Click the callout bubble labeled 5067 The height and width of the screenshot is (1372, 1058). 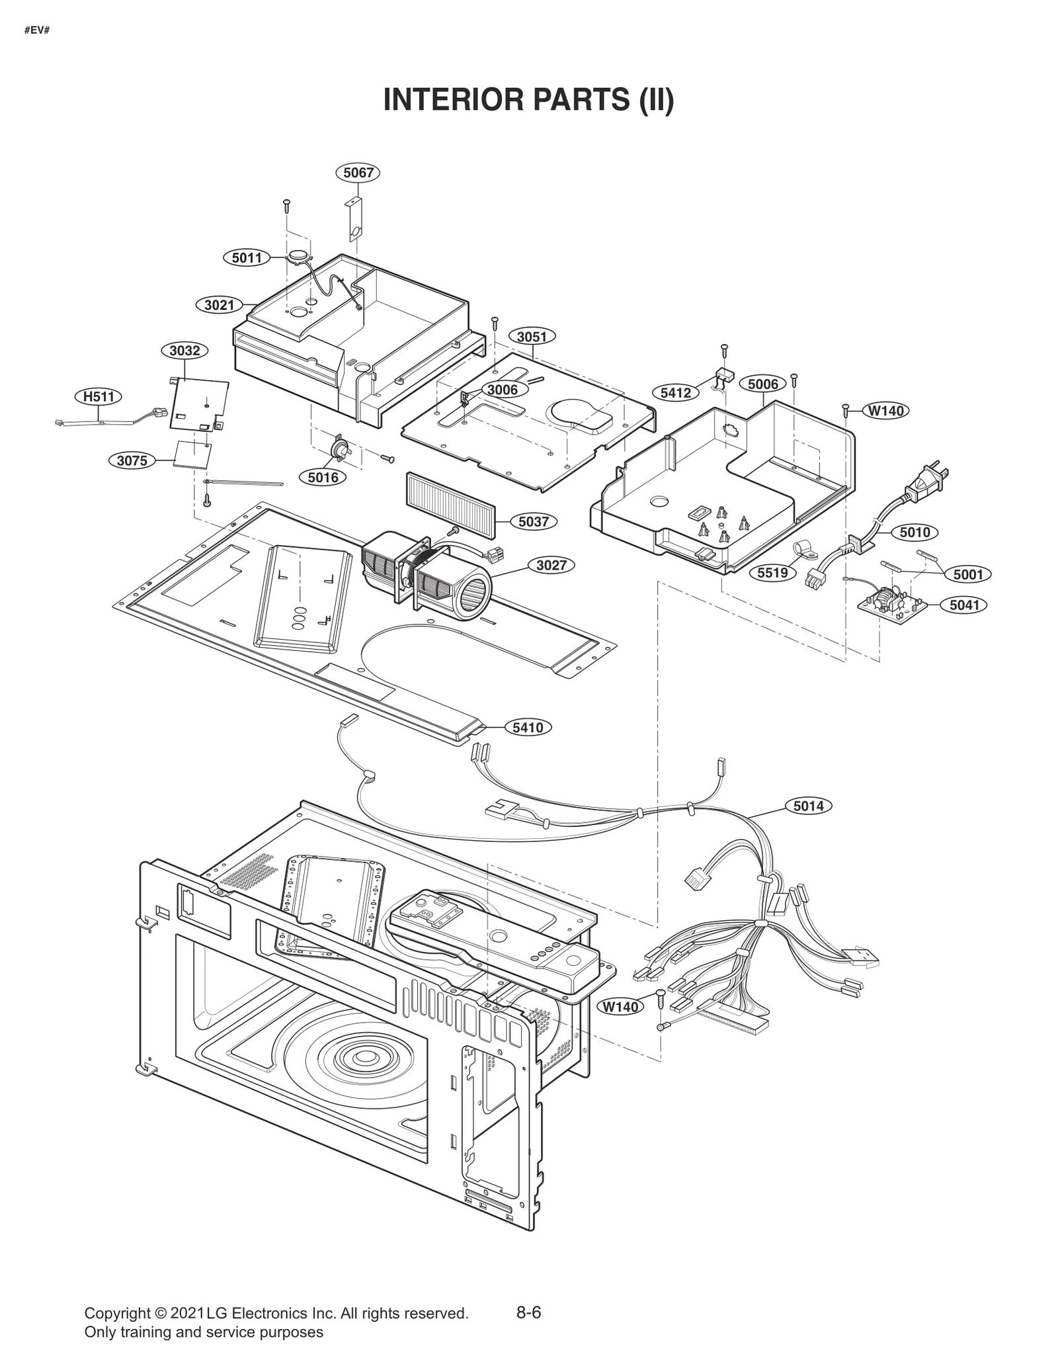(x=358, y=173)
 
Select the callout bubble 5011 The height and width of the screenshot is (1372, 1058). (x=246, y=257)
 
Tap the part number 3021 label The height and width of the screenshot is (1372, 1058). (x=219, y=305)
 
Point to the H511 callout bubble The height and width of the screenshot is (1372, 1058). (x=98, y=396)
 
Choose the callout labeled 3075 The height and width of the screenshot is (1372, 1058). (x=132, y=460)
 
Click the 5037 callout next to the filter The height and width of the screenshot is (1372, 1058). (x=533, y=521)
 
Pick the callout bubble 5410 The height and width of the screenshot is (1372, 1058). (x=528, y=727)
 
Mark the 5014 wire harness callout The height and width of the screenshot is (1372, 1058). (x=808, y=806)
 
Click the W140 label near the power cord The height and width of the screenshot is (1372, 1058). (x=885, y=411)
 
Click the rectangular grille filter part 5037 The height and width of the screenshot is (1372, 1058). (x=450, y=495)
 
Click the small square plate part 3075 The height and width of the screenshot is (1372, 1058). (x=192, y=454)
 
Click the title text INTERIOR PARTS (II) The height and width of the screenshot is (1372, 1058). (x=528, y=100)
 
